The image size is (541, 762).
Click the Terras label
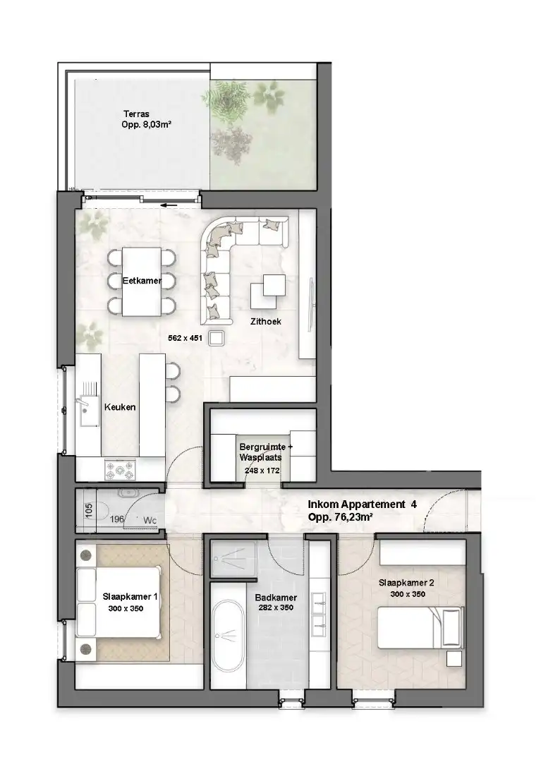(135, 114)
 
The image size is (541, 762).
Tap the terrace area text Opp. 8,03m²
(146, 125)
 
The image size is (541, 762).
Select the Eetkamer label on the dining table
(142, 281)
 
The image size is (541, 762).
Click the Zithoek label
(266, 321)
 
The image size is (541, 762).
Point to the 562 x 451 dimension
(185, 338)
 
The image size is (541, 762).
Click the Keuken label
(120, 407)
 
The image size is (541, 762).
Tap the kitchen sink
(90, 405)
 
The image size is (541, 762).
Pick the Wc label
(150, 521)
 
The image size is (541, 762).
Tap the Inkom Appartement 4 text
(363, 504)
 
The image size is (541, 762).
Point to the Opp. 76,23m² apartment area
(341, 517)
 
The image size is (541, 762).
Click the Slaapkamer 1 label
(130, 596)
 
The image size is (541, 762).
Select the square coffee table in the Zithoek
(270, 288)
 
